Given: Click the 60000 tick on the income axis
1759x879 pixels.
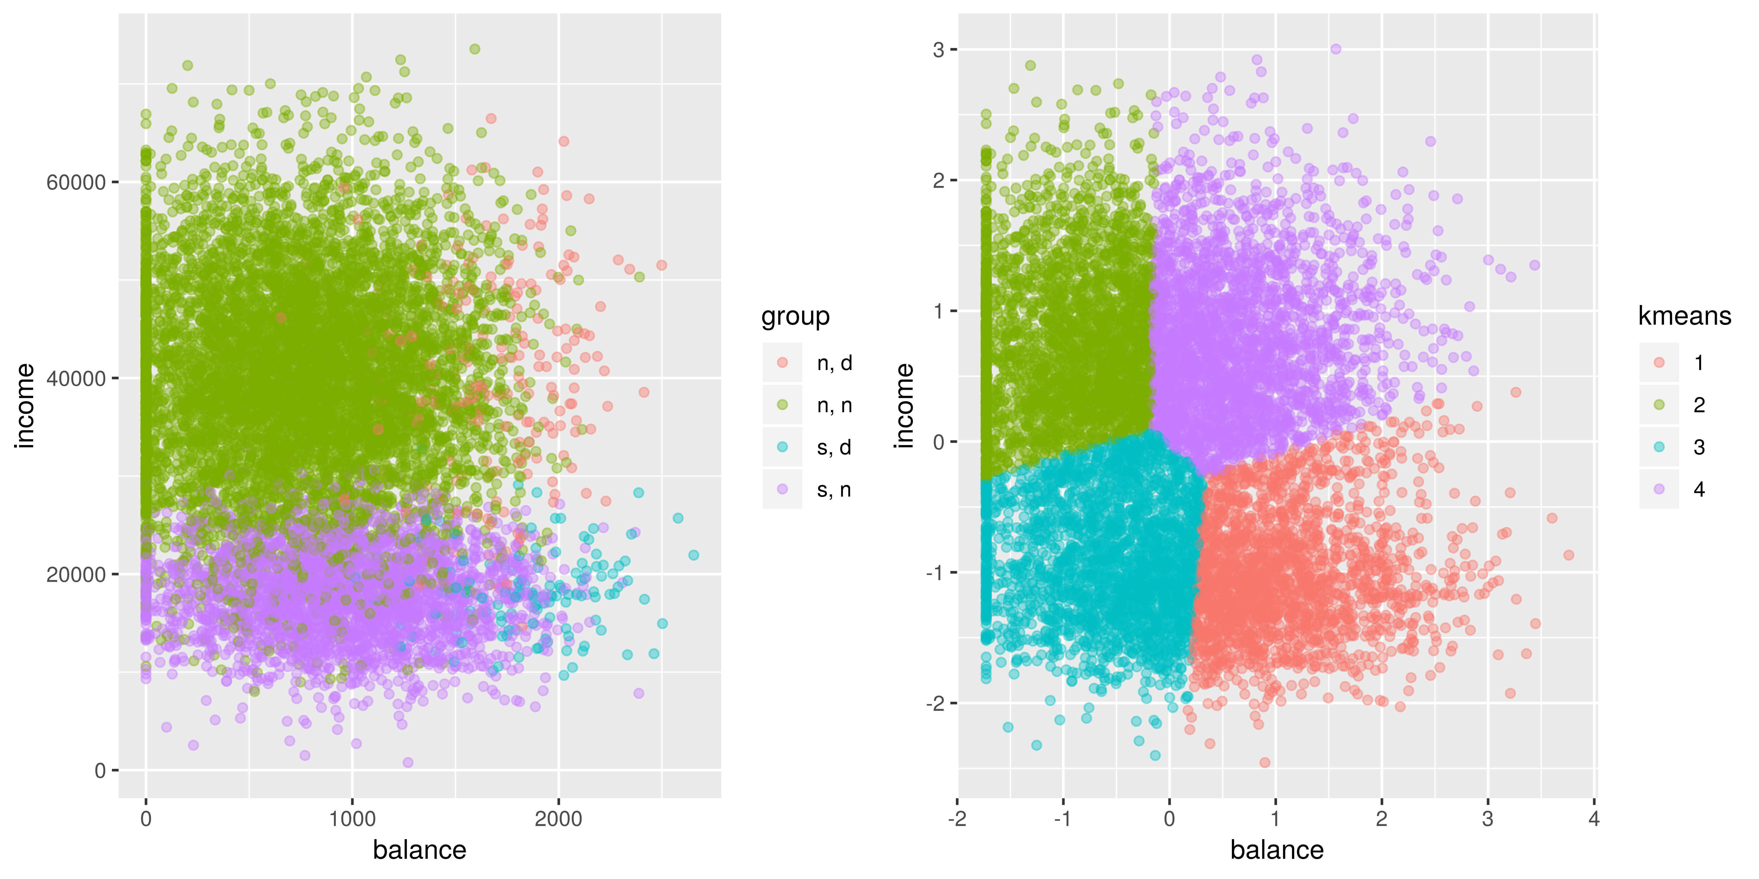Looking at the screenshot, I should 76,183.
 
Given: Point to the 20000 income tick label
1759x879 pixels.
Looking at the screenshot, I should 76,575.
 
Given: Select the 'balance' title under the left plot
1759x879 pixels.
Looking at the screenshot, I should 419,850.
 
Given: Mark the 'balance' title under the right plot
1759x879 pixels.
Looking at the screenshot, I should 1276,850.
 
